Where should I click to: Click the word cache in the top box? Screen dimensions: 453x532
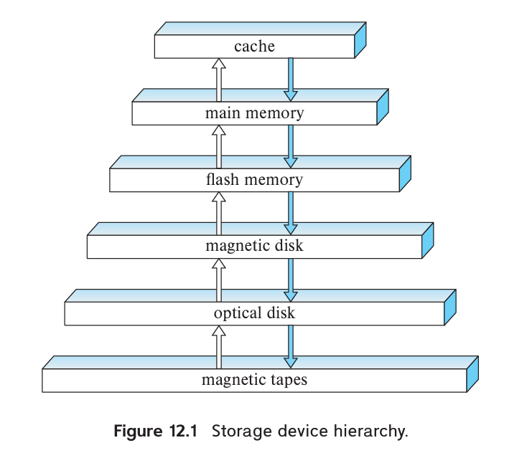coord(254,47)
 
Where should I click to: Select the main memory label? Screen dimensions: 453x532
coord(254,113)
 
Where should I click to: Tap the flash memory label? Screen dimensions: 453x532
coord(254,180)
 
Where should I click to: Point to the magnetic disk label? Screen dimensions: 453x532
coord(254,247)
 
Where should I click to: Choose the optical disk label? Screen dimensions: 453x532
coord(254,313)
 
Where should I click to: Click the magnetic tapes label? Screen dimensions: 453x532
coord(254,380)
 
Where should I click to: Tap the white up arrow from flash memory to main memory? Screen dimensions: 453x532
coord(219,146)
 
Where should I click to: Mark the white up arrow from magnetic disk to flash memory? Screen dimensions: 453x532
coord(219,213)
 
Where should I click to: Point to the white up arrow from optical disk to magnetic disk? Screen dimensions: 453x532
coord(219,280)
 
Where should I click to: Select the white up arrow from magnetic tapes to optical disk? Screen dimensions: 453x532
coord(219,346)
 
